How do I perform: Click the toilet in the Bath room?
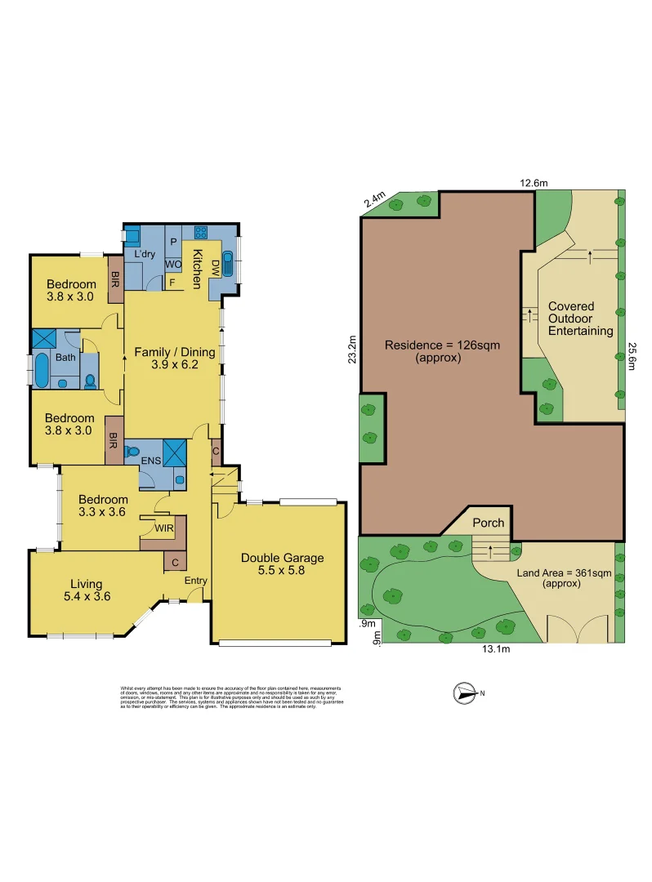point(89,381)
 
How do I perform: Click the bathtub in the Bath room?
point(42,370)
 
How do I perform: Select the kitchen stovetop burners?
point(201,231)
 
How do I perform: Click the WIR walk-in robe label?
point(165,528)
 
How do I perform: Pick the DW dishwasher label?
point(215,266)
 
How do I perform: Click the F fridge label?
point(172,283)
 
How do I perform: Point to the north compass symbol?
point(467,693)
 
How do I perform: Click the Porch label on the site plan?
point(489,523)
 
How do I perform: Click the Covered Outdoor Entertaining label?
point(580,318)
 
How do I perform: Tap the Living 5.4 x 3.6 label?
point(86,590)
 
